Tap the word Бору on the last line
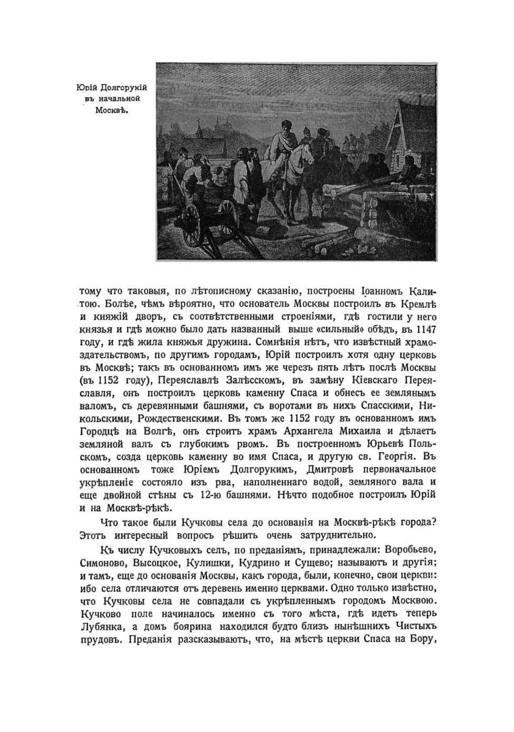[423, 640]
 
